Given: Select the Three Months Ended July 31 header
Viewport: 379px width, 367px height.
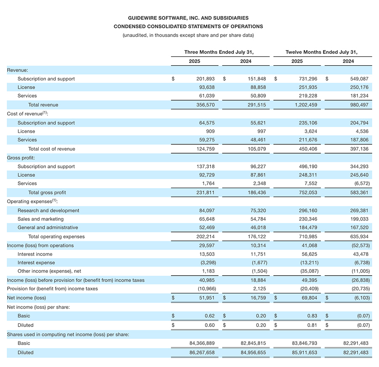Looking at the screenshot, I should (219, 52).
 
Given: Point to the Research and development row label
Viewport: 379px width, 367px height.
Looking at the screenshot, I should (48, 210).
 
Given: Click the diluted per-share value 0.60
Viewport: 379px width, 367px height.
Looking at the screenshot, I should (209, 325).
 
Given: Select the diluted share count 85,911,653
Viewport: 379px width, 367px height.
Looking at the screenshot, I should (301, 353).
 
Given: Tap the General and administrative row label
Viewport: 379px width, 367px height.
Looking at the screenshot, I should (48, 228).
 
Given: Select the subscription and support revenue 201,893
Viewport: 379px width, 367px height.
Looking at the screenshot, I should (206, 79).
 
